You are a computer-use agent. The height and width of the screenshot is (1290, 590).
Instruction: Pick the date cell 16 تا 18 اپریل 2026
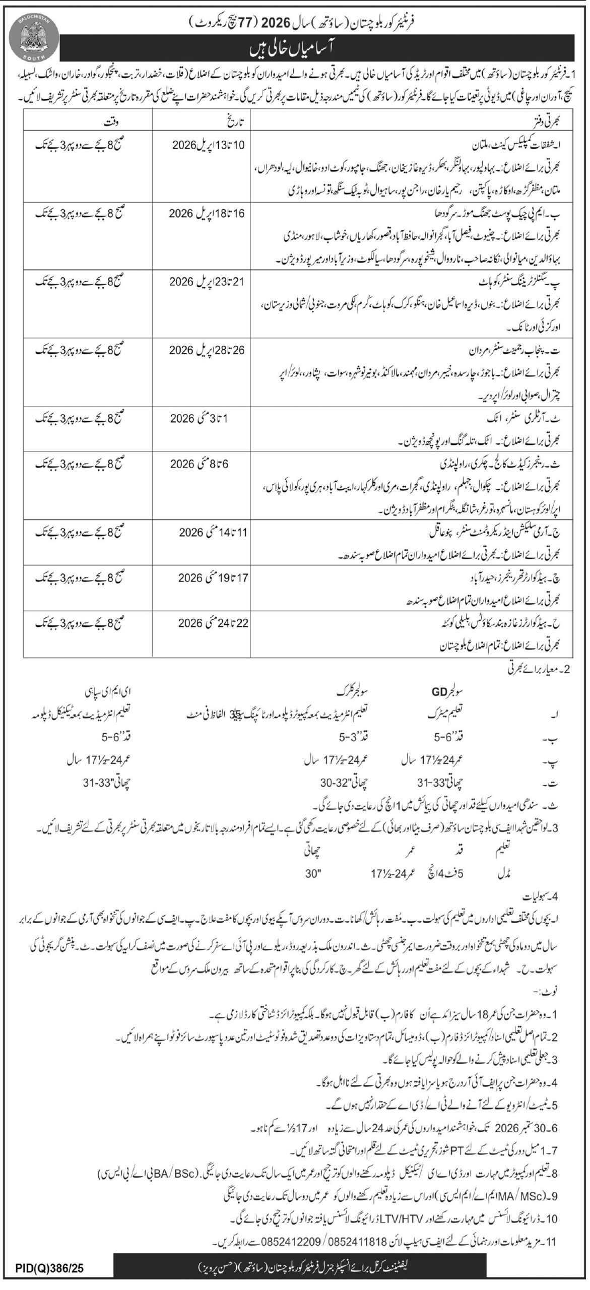coord(207,213)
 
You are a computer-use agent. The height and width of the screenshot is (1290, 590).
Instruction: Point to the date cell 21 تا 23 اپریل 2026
coord(207,282)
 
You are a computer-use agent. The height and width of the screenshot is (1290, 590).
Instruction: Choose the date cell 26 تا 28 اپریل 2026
coord(207,350)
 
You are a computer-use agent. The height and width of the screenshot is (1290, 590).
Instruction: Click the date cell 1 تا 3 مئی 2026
coord(207,419)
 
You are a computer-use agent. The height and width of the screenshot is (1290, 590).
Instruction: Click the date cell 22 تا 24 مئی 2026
coord(207,623)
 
